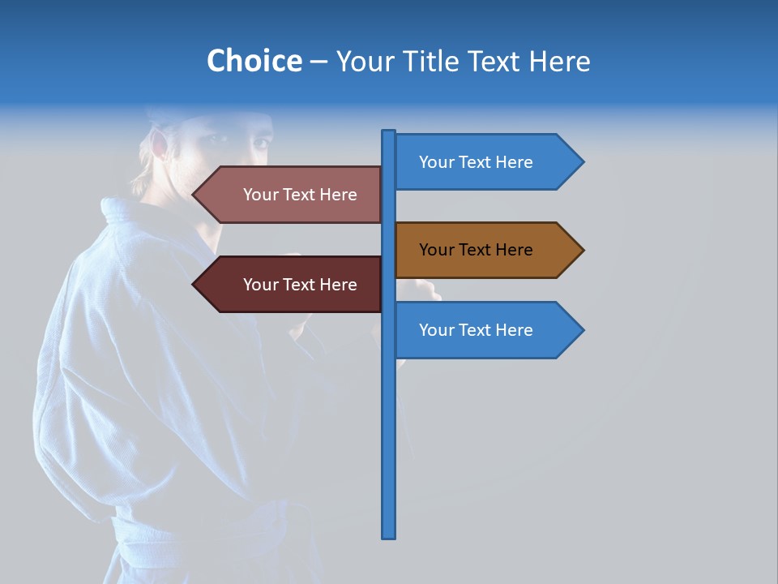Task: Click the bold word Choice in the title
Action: click(254, 61)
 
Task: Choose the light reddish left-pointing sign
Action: click(292, 195)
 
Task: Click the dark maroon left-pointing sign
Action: click(292, 285)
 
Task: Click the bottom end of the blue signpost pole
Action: click(389, 535)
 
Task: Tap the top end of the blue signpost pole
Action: click(389, 132)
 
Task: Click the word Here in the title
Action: click(559, 61)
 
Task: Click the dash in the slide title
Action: click(318, 62)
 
